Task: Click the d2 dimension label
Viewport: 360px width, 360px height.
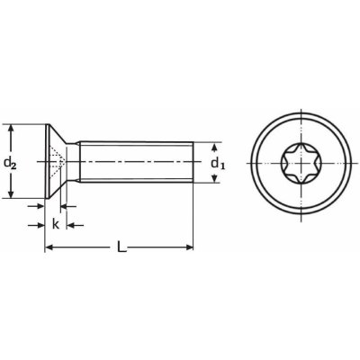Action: [x=11, y=163]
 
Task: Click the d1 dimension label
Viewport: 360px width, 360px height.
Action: [x=217, y=163]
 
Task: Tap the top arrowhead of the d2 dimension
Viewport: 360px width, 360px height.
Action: [x=11, y=128]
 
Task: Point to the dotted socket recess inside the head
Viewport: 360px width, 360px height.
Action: [x=56, y=163]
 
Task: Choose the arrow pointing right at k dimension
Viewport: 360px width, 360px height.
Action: [x=40, y=207]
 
